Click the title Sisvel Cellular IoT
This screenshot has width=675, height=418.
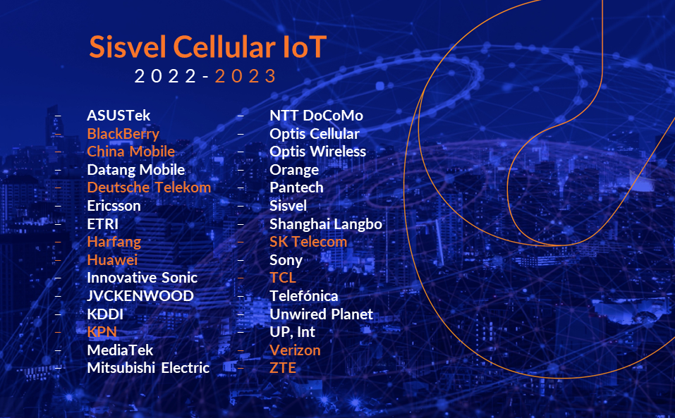(x=208, y=47)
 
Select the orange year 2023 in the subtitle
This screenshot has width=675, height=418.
(x=246, y=76)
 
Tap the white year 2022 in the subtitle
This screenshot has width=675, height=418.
(x=166, y=76)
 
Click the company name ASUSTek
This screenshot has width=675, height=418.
(x=118, y=116)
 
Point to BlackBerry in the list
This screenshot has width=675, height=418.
(x=123, y=134)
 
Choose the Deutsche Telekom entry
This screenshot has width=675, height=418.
(x=149, y=188)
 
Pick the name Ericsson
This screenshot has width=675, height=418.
(x=114, y=206)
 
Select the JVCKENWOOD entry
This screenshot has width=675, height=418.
(x=140, y=296)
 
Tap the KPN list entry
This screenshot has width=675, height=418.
(x=102, y=332)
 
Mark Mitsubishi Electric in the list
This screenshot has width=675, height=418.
(x=148, y=368)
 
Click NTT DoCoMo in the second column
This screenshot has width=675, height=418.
(x=316, y=116)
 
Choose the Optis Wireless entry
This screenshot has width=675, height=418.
(x=317, y=152)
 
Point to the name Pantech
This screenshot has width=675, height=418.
(x=296, y=188)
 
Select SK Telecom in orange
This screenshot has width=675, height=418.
(x=308, y=242)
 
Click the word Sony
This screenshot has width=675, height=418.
(x=286, y=260)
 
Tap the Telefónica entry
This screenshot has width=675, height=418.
(x=303, y=296)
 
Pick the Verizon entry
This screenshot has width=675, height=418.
(x=295, y=350)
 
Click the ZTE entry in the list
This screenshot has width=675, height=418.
(x=283, y=368)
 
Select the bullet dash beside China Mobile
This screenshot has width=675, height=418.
(x=57, y=152)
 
